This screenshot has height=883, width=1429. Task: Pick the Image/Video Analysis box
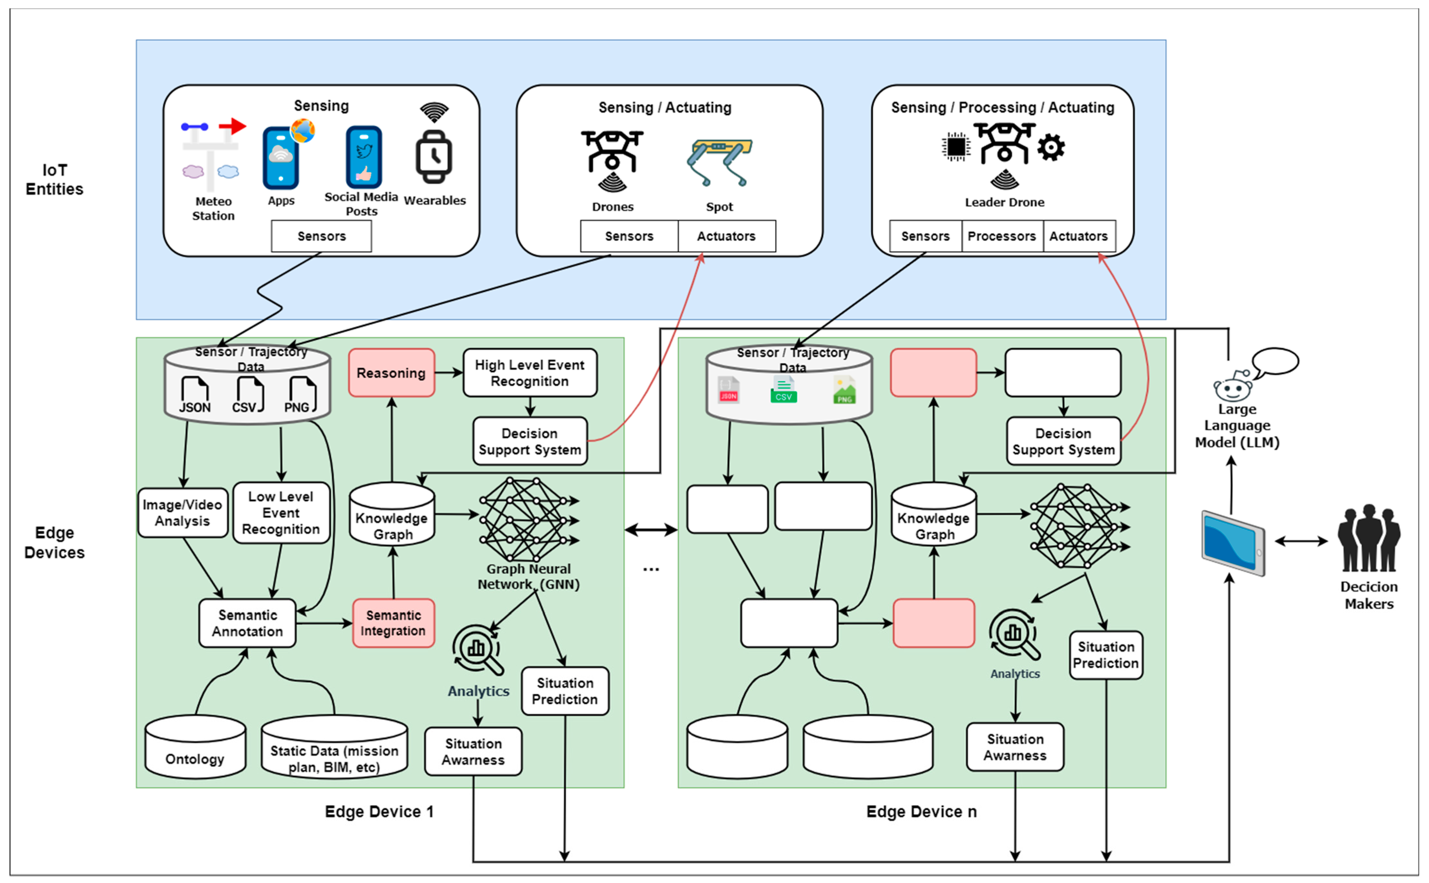182,513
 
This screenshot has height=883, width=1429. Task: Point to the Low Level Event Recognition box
281,513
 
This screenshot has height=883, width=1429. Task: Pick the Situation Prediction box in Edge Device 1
565,691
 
